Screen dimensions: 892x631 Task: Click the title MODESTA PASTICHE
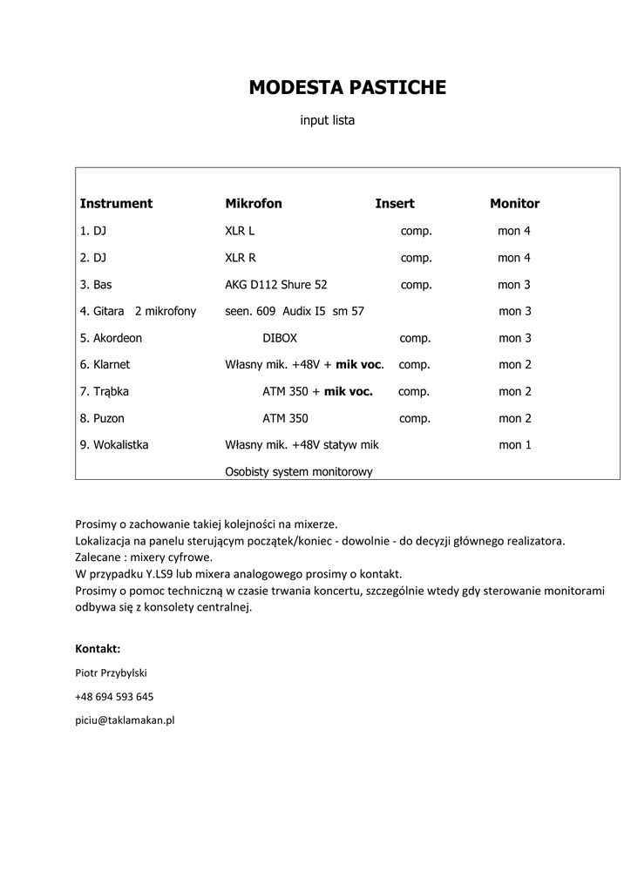[347, 87]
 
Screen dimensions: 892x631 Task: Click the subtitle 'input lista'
[328, 121]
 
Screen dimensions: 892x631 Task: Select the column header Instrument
[116, 204]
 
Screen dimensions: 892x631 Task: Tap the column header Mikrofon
[254, 204]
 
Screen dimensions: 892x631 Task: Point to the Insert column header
[395, 204]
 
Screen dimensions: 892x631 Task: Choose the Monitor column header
[514, 204]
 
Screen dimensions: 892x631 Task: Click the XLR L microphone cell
[240, 232]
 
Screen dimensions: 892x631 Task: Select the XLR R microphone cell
[241, 258]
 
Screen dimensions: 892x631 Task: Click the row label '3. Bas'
[96, 285]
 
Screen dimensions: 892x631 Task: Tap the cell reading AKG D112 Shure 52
[276, 285]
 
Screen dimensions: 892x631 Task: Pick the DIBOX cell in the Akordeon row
[280, 338]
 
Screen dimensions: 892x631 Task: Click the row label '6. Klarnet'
[105, 365]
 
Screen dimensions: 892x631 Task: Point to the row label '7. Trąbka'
[105, 392]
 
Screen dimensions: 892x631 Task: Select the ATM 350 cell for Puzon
[285, 418]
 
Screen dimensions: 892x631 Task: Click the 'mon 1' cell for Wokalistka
[515, 445]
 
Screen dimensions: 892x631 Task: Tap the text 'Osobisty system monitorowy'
[299, 472]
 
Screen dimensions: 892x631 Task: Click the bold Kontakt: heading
[98, 649]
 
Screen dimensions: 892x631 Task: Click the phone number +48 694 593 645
[114, 697]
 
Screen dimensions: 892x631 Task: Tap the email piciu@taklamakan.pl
[126, 720]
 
